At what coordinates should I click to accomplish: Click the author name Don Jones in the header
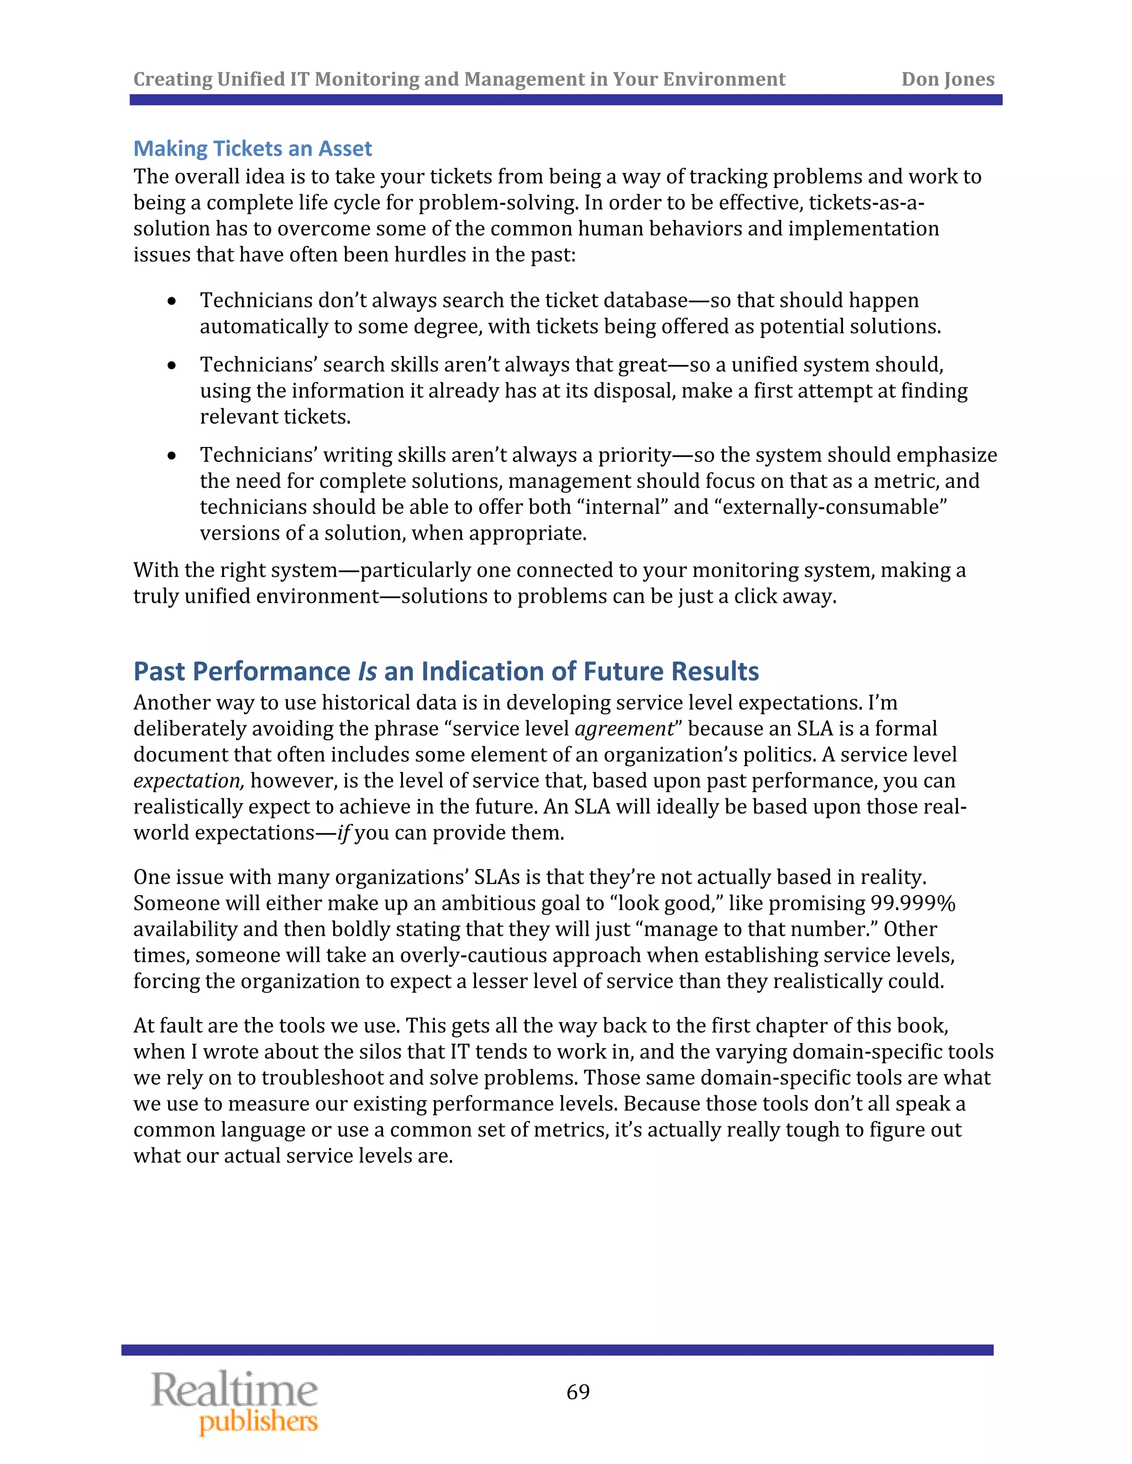coord(947,79)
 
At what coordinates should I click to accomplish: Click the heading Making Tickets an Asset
coord(252,148)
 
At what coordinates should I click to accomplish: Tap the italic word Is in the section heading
coord(367,671)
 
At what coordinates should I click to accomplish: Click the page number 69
coord(578,1392)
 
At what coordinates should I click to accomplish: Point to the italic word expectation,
coord(188,781)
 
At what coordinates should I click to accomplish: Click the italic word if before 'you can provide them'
coord(343,833)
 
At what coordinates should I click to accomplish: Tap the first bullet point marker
coord(172,301)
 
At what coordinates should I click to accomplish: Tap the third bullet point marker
coord(172,456)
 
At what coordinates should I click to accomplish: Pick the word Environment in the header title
coord(724,79)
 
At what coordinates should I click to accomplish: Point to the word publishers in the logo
coord(258,1423)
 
